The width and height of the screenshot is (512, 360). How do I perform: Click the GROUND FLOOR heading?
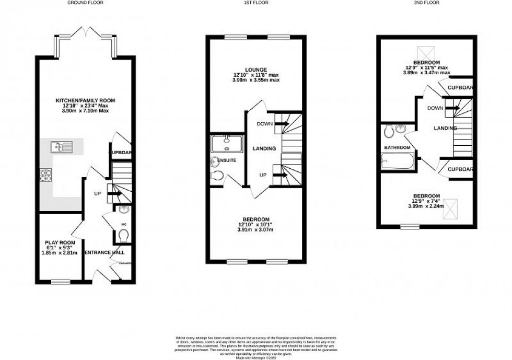point(85,3)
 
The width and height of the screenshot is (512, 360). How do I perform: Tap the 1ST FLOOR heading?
point(254,3)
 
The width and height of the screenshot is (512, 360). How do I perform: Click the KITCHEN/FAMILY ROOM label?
point(86,100)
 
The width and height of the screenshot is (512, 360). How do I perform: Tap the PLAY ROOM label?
point(59,242)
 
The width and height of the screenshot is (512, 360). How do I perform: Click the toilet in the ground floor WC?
point(123,237)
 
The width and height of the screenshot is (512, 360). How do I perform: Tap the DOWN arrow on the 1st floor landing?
point(282,124)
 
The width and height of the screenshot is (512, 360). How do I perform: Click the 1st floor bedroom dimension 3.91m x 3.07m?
point(257,230)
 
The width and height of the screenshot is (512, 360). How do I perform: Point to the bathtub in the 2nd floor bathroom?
point(397,162)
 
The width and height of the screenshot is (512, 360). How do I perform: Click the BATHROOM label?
point(397,148)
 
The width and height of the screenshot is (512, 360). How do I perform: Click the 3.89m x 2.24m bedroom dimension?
point(426,206)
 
